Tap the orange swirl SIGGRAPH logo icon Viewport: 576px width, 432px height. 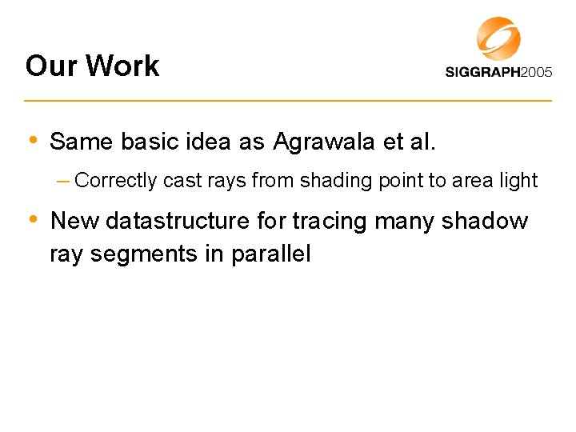498,38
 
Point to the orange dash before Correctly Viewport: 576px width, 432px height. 63,180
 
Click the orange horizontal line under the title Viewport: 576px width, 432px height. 288,101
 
